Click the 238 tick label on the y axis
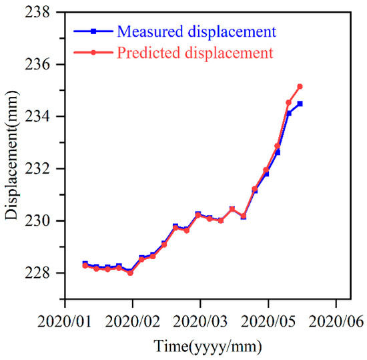click(x=40, y=13)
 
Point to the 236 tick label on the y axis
click(x=40, y=65)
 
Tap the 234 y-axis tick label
click(x=40, y=117)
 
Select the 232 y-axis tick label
click(x=40, y=169)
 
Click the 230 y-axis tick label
click(x=40, y=221)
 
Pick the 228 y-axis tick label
click(x=40, y=273)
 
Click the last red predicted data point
click(x=300, y=86)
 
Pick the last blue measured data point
click(x=300, y=104)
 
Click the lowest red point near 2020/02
click(x=130, y=273)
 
